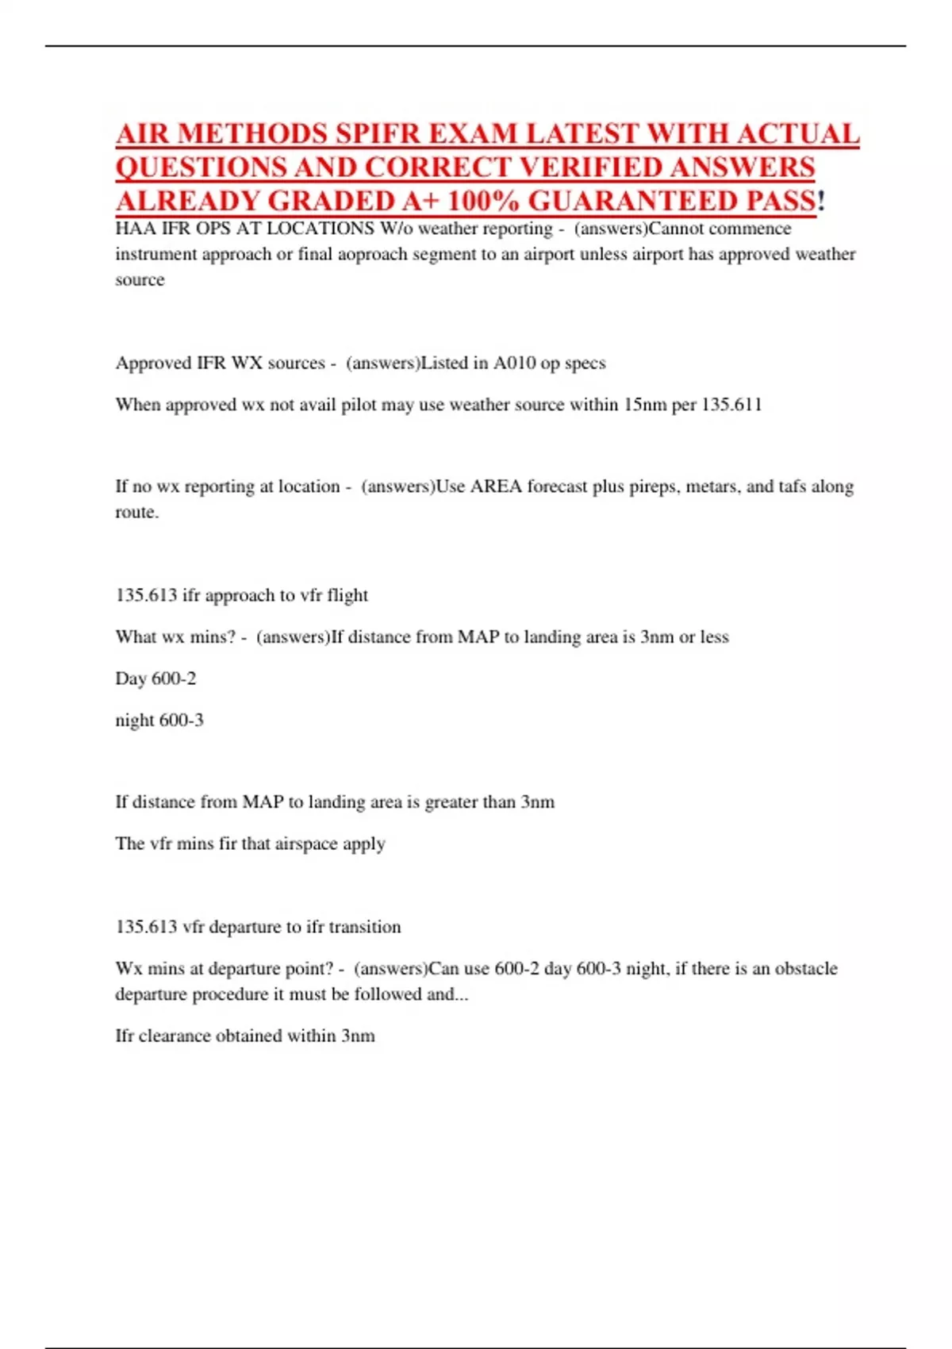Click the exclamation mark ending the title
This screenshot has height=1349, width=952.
click(821, 201)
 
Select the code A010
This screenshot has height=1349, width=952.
click(514, 363)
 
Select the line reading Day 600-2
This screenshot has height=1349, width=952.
click(155, 678)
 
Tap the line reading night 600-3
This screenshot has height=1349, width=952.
click(159, 721)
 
